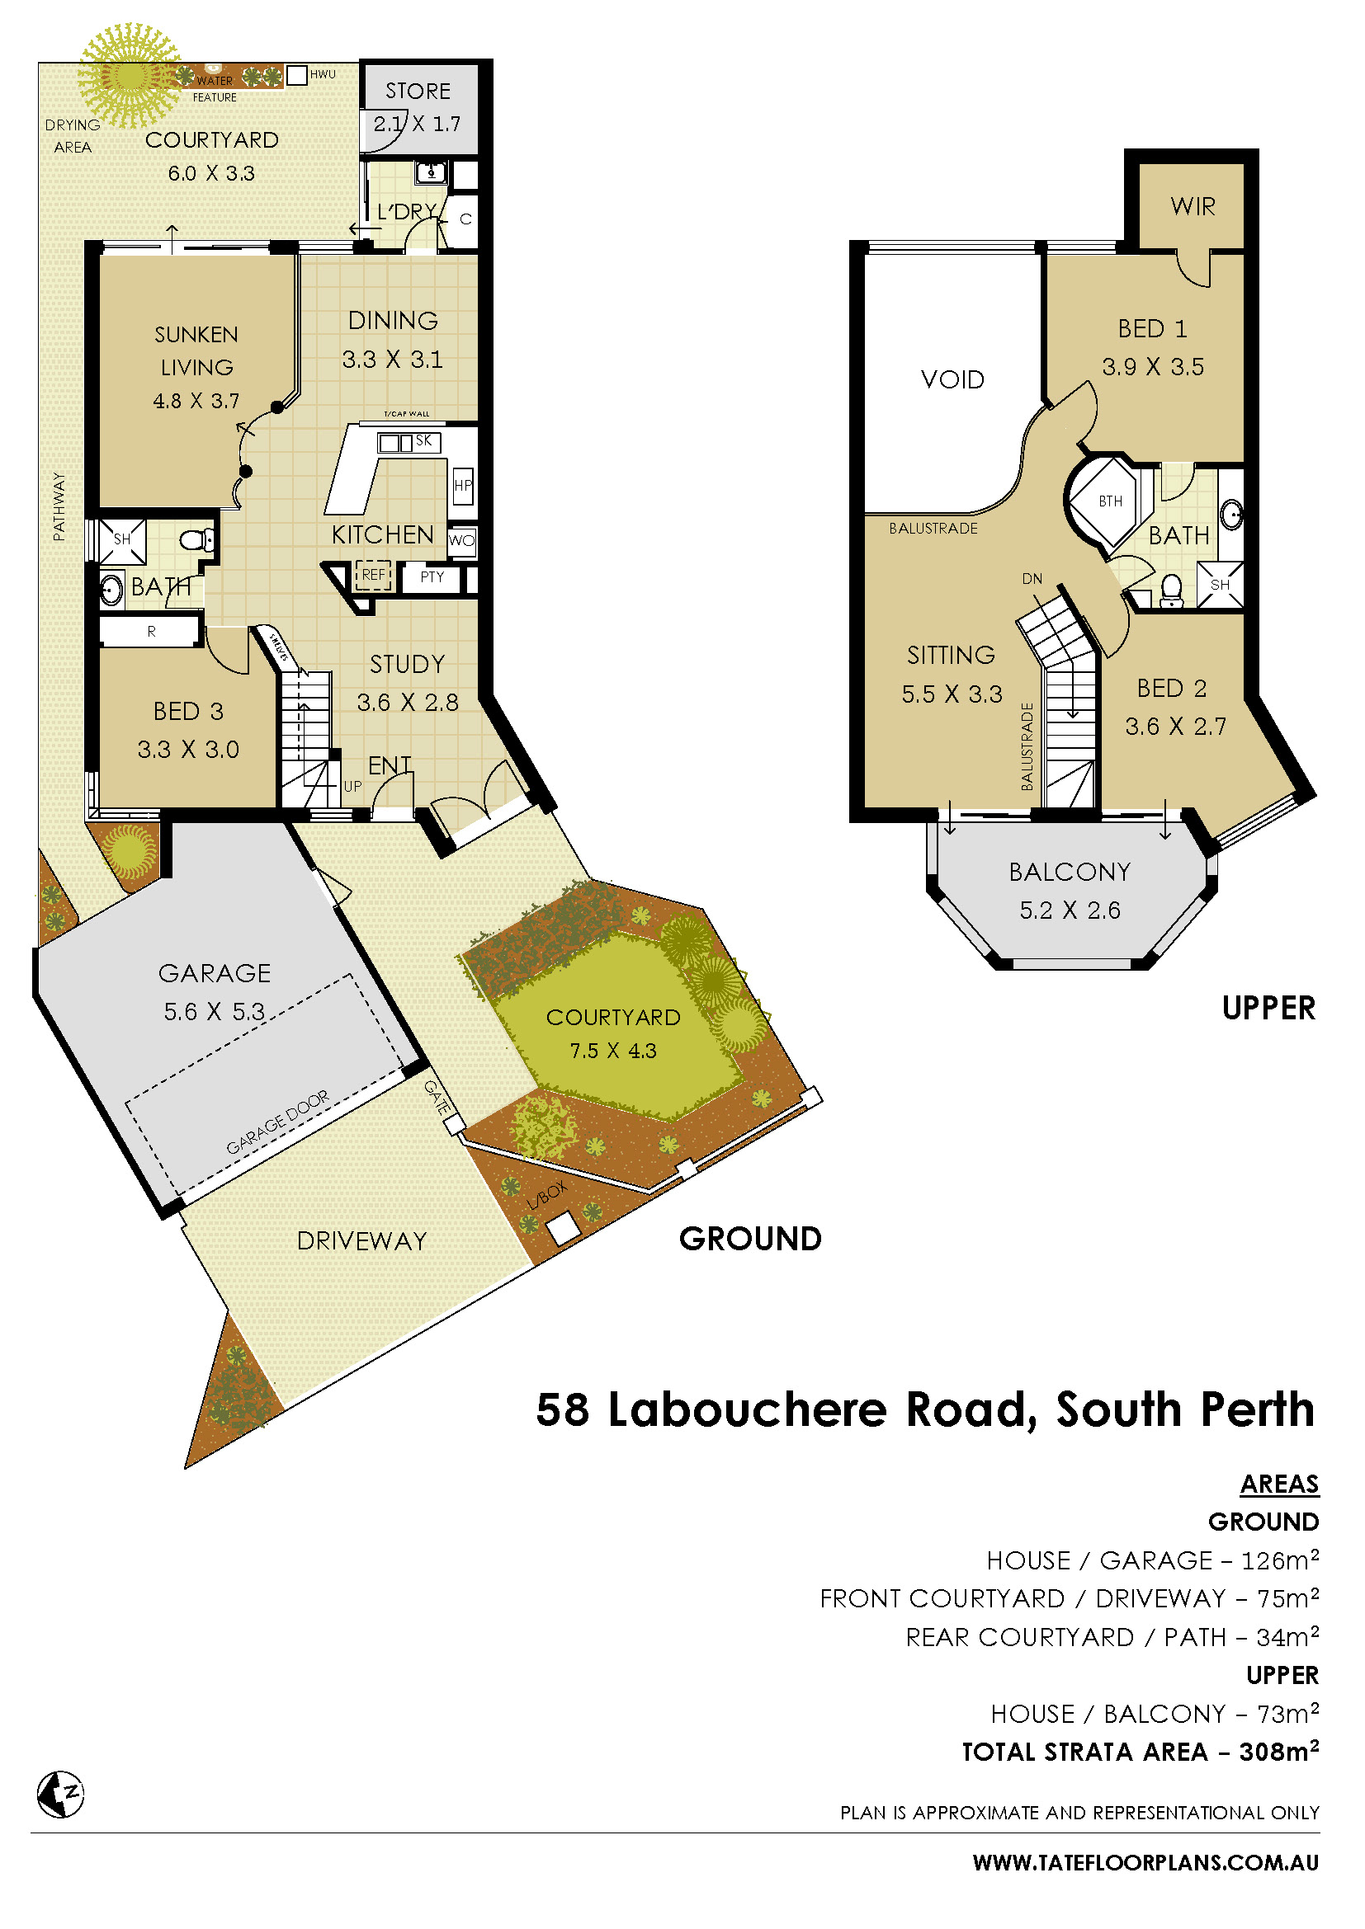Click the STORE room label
click(x=418, y=91)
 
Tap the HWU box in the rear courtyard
click(x=297, y=76)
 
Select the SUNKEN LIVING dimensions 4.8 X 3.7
click(x=196, y=401)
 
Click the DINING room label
click(x=393, y=320)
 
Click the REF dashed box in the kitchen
click(x=373, y=575)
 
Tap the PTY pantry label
click(x=431, y=577)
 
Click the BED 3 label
click(x=188, y=712)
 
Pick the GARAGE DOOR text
click(x=277, y=1123)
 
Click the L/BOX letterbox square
click(x=563, y=1229)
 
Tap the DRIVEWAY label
click(x=361, y=1241)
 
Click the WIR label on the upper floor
click(x=1193, y=206)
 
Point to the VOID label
click(x=952, y=379)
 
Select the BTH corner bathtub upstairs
click(x=1108, y=501)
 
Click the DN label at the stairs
click(x=1032, y=579)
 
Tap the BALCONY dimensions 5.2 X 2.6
click(x=1069, y=910)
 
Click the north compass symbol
click(x=60, y=1795)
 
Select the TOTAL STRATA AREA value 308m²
click(x=1278, y=1752)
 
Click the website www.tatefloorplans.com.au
click(x=1145, y=1863)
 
